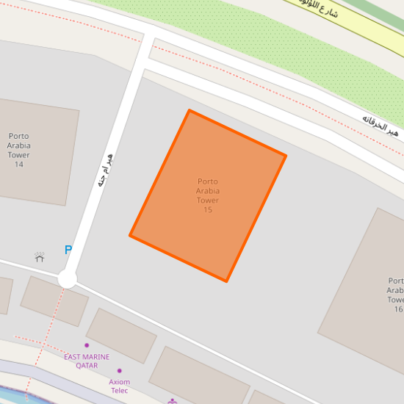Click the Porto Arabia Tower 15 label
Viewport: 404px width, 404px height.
pos(208,195)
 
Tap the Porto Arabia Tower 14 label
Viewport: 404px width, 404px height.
pos(19,150)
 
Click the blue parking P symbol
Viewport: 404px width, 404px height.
pos(68,250)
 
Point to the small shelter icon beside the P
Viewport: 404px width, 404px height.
pos(40,257)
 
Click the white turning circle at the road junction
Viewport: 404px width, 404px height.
pos(67,279)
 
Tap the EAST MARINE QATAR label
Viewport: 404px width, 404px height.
pos(87,361)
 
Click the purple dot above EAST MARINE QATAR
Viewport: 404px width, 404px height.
pos(87,345)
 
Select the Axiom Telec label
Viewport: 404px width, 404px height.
pos(119,386)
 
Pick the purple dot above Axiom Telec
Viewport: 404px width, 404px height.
pos(120,371)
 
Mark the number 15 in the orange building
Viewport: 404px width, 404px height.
pos(208,210)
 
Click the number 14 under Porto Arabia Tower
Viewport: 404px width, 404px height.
pos(19,164)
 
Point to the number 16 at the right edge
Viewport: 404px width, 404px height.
pos(398,309)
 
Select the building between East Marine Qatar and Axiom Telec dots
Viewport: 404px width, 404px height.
pos(120,335)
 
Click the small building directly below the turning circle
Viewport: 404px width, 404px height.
pos(54,301)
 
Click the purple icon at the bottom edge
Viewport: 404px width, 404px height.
pos(173,401)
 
